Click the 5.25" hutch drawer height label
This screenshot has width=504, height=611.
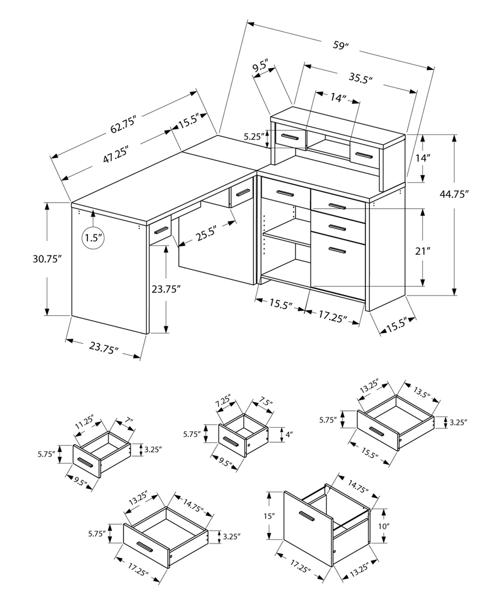point(254,137)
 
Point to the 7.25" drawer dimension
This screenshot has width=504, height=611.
point(223,403)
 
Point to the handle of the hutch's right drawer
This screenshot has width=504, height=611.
point(364,155)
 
